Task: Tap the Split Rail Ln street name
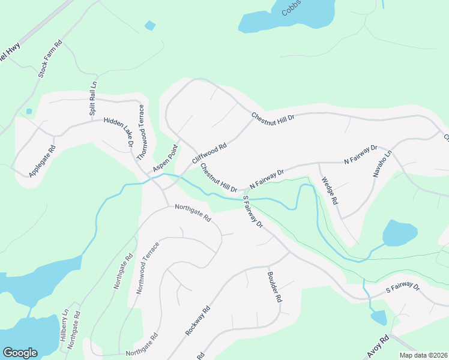93,98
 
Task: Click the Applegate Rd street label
42,161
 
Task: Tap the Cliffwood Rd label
209,154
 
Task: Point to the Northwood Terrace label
147,268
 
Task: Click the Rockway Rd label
197,320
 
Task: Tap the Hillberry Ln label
64,325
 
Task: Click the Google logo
20,353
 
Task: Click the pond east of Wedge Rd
400,232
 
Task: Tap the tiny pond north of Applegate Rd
29,111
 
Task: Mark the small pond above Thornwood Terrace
150,25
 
